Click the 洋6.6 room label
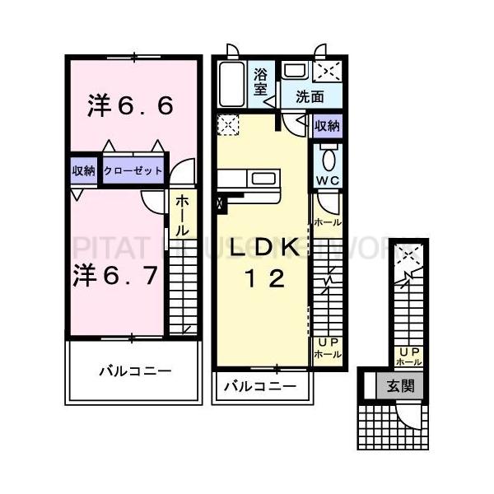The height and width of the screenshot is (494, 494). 131,106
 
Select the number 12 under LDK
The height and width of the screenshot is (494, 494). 263,279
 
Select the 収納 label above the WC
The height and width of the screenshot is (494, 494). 328,126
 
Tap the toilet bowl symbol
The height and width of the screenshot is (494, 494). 328,156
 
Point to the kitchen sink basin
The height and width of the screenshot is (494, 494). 264,179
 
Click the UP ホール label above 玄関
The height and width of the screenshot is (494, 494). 408,356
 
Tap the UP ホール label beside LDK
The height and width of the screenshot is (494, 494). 327,347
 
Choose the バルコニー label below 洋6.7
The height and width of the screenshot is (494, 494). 135,371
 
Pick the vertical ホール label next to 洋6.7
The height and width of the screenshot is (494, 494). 181,215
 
